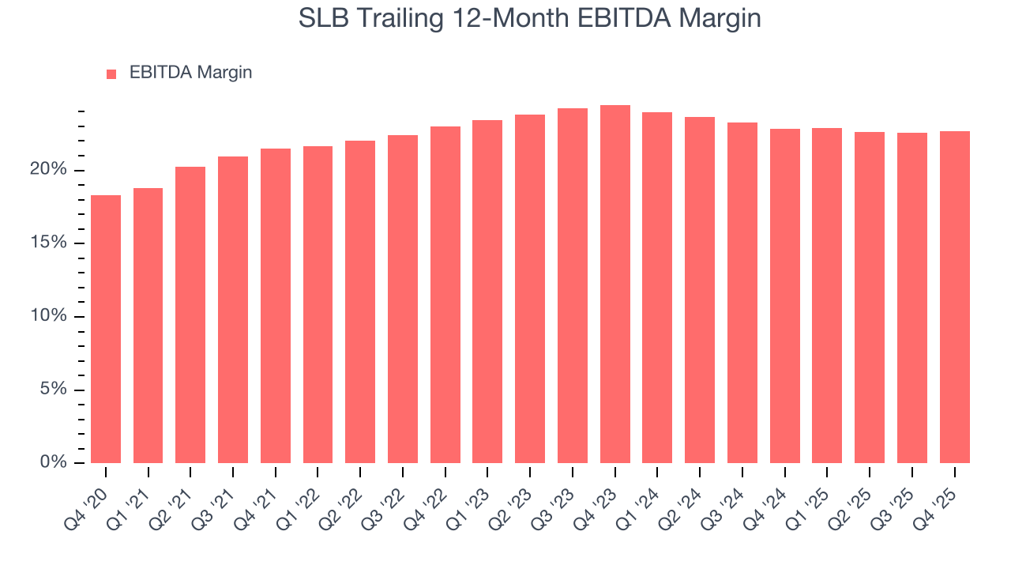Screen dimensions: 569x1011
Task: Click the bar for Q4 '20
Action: point(106,329)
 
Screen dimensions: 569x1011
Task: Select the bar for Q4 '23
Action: point(615,284)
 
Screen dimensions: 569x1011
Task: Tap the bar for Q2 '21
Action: point(190,315)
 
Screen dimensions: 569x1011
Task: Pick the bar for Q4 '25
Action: point(955,297)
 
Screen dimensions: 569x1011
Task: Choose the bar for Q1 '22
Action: point(318,304)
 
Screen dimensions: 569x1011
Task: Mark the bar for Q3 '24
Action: point(742,292)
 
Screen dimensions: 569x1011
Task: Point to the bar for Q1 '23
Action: point(487,292)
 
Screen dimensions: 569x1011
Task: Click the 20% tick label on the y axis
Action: point(50,170)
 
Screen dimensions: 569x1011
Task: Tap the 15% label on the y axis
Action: point(50,243)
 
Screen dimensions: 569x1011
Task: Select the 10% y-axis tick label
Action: point(50,316)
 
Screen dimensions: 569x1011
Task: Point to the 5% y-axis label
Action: point(54,390)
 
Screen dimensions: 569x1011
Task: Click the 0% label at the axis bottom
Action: point(54,462)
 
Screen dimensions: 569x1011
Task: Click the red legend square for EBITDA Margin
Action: point(111,74)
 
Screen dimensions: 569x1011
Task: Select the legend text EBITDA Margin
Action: point(190,73)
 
